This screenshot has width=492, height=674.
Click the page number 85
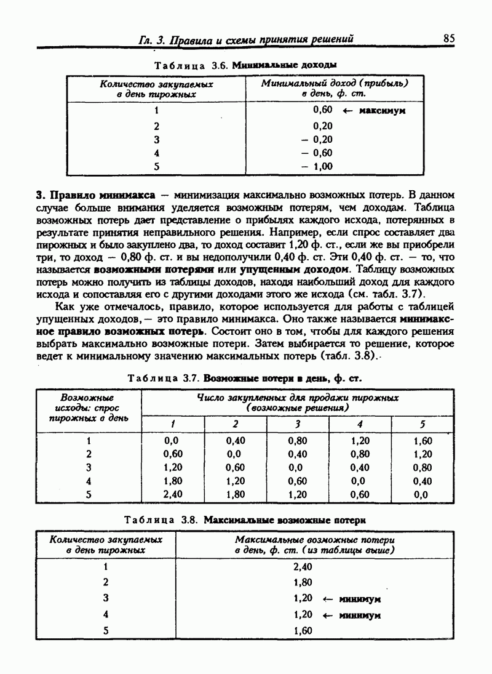click(x=448, y=38)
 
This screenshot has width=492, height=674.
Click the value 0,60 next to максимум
click(x=322, y=110)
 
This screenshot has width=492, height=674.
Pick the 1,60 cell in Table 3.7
click(x=423, y=441)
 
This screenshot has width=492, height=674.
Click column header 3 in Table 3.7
click(x=298, y=423)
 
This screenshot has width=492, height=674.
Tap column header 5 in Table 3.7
click(x=423, y=423)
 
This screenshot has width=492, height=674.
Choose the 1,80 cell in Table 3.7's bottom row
click(x=235, y=494)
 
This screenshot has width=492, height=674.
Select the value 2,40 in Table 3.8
click(x=304, y=566)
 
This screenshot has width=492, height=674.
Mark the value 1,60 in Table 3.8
click(x=304, y=630)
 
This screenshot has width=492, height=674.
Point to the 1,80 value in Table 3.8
click(x=304, y=582)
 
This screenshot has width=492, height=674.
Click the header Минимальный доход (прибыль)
click(x=335, y=82)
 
